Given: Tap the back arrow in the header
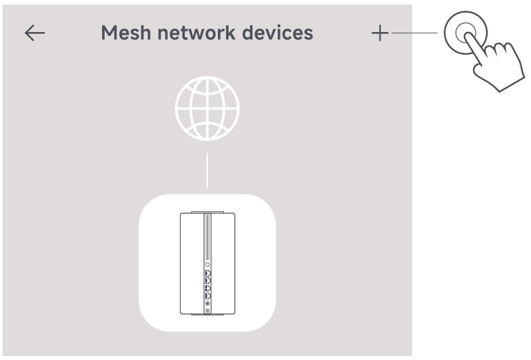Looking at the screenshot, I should click(35, 33).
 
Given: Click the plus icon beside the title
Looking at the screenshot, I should click(380, 33).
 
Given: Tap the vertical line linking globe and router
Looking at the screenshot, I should click(207, 170).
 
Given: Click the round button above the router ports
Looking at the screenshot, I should click(207, 265).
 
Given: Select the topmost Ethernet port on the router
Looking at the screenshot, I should click(207, 273).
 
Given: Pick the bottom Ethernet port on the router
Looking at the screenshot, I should click(207, 295).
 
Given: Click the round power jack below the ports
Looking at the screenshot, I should click(207, 304).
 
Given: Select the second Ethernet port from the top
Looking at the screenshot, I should click(207, 281).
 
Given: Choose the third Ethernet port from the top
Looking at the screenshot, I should click(207, 288).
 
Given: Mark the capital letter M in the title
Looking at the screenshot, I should click(109, 33).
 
